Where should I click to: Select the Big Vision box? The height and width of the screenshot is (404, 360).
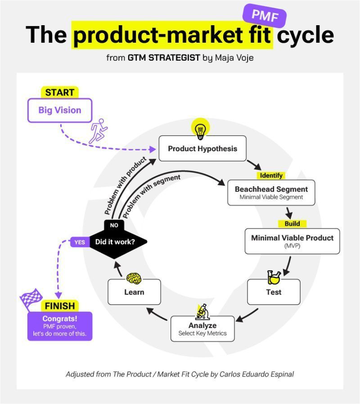tap(60, 110)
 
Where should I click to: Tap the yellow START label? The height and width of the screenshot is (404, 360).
tap(59, 93)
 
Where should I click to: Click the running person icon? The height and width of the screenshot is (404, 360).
tap(99, 131)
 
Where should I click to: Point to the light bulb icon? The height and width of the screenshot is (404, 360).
tap(200, 130)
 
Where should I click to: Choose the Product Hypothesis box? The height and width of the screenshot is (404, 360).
tap(202, 148)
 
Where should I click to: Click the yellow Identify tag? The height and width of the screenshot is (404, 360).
tap(271, 175)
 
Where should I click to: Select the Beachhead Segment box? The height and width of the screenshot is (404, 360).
tap(271, 193)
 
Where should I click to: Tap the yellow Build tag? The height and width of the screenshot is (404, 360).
tap(292, 224)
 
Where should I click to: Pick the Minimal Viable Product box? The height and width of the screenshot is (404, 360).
tap(292, 241)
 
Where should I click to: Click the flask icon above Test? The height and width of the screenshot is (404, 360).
tap(274, 277)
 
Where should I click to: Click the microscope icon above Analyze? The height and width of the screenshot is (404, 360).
tap(202, 311)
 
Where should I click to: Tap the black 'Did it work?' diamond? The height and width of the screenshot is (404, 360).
tap(115, 242)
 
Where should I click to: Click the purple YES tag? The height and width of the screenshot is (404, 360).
tap(80, 242)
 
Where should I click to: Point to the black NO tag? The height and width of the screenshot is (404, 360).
tap(114, 225)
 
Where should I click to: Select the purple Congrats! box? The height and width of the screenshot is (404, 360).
tap(60, 326)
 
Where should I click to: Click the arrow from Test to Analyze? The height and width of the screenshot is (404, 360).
tap(247, 315)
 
